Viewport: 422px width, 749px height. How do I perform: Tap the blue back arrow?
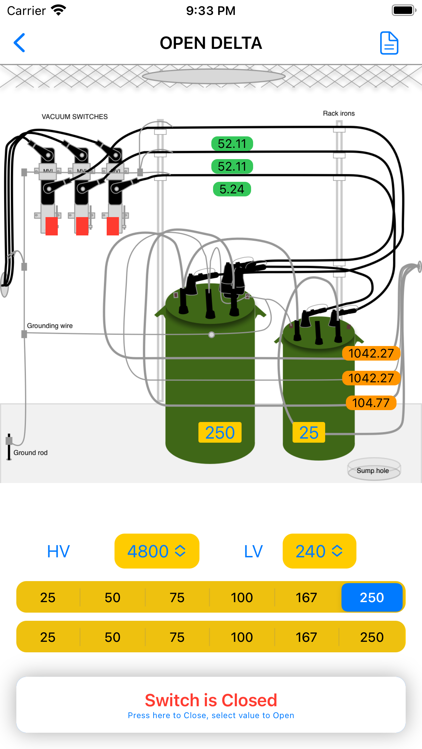pos(19,43)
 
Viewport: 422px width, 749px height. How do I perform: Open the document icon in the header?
pos(389,43)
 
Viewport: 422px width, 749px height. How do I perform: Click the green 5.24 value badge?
pos(232,189)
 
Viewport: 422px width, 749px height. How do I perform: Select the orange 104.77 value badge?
pos(371,403)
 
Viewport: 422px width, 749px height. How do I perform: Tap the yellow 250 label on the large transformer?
pos(220,433)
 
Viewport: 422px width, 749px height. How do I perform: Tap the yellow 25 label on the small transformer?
pos(309,433)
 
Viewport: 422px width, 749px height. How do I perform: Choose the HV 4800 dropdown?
pos(157,551)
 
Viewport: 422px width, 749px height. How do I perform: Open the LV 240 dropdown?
pos(319,551)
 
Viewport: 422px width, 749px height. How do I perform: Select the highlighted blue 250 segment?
pos(372,598)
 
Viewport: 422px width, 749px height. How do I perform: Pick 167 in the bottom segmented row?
pos(306,637)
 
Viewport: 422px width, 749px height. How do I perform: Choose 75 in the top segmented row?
pos(177,598)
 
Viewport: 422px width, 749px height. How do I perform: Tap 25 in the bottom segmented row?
pos(48,637)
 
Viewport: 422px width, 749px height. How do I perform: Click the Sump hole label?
pos(373,470)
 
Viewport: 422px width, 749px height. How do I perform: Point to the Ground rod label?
pos(31,453)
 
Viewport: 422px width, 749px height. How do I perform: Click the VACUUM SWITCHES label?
pos(75,117)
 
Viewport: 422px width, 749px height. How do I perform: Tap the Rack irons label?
pos(339,113)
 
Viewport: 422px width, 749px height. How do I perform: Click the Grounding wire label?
pos(50,326)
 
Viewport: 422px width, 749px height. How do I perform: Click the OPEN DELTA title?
pos(211,43)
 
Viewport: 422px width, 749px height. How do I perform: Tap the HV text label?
pos(58,551)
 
